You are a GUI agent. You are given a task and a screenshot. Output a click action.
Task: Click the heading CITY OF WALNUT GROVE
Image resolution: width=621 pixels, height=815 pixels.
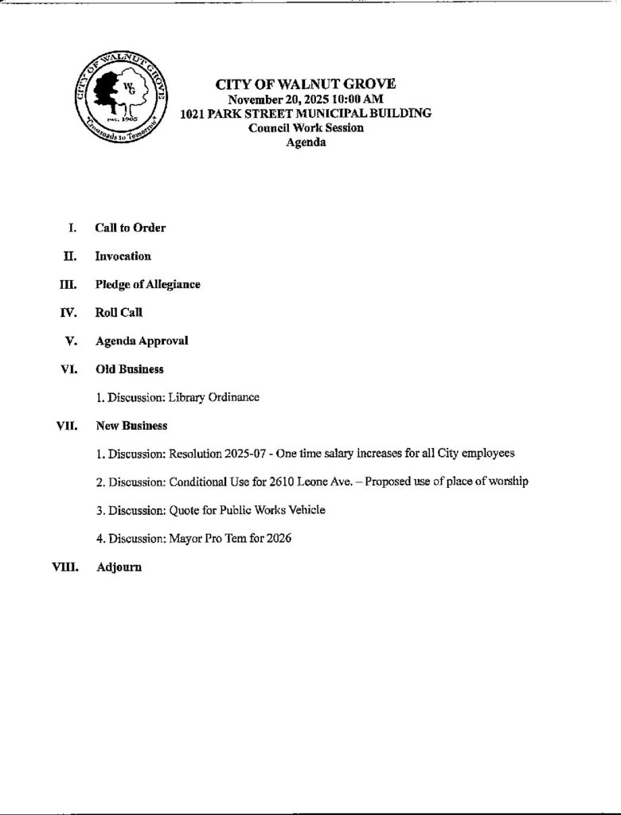(x=306, y=84)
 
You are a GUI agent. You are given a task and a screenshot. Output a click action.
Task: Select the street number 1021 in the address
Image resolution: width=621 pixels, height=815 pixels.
(x=194, y=114)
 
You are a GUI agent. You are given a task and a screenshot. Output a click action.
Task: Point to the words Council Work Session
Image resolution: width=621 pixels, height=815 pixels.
(x=306, y=128)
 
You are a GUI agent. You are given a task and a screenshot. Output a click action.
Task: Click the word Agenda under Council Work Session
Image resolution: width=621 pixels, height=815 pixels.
(x=306, y=142)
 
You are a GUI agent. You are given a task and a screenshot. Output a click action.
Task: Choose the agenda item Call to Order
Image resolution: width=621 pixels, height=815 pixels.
(x=131, y=228)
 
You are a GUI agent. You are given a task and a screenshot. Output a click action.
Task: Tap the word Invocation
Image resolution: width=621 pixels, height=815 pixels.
(x=123, y=256)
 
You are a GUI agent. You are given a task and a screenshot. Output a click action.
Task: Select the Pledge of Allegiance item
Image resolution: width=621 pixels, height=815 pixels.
(x=147, y=284)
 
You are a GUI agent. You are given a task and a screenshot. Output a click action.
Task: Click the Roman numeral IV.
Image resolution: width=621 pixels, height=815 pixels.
(x=68, y=313)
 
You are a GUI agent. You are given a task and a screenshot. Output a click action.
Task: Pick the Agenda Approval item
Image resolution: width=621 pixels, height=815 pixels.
(x=142, y=341)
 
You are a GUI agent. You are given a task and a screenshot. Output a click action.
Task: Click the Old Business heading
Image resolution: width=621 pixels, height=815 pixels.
(x=129, y=369)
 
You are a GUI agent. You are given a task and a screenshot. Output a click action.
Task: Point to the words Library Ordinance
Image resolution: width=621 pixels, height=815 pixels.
(x=214, y=397)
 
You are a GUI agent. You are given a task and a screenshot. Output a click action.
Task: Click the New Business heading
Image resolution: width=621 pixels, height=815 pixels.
(x=131, y=426)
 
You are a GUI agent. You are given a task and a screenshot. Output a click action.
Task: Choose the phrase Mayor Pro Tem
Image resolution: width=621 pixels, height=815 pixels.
(x=210, y=539)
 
